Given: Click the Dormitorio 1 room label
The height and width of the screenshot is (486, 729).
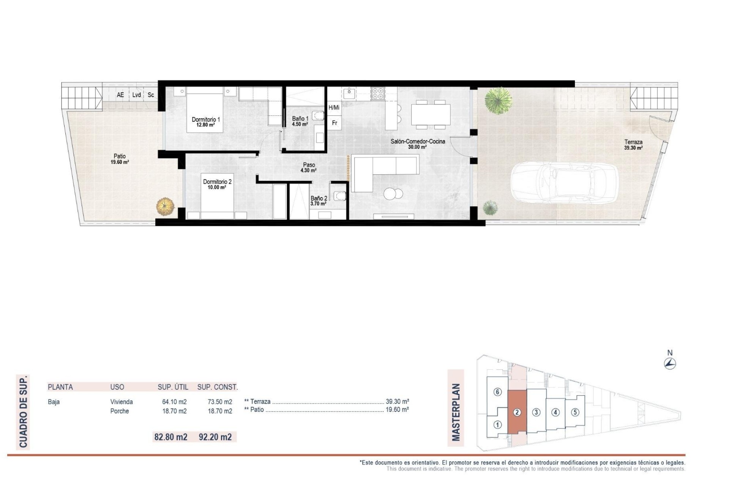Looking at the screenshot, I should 205,122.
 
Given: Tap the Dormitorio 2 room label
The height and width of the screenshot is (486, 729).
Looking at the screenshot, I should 217,185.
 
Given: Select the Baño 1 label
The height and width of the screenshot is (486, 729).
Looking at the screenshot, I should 300,121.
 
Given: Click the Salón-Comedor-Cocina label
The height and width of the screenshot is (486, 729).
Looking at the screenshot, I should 418,144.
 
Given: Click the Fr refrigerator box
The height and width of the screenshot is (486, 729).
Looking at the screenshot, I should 335,123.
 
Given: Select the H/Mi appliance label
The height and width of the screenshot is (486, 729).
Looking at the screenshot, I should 334,108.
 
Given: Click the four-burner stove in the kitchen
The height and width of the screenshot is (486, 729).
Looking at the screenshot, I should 377,93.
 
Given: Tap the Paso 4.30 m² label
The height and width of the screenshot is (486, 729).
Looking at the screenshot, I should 309,167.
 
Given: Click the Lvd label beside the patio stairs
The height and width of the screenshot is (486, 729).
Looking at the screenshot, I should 136,95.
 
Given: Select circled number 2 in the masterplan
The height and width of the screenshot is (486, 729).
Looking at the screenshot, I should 517,412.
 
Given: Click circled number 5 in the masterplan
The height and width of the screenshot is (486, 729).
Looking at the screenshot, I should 575,412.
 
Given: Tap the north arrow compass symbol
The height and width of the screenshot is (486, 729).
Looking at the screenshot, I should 670,364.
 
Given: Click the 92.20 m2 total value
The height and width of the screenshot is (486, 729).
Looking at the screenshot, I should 215,437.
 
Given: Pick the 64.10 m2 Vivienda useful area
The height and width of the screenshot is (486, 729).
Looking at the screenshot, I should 174,402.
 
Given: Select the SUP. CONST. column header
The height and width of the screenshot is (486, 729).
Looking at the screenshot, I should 217,387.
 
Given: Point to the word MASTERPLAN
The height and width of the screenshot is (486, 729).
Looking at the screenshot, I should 456,412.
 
